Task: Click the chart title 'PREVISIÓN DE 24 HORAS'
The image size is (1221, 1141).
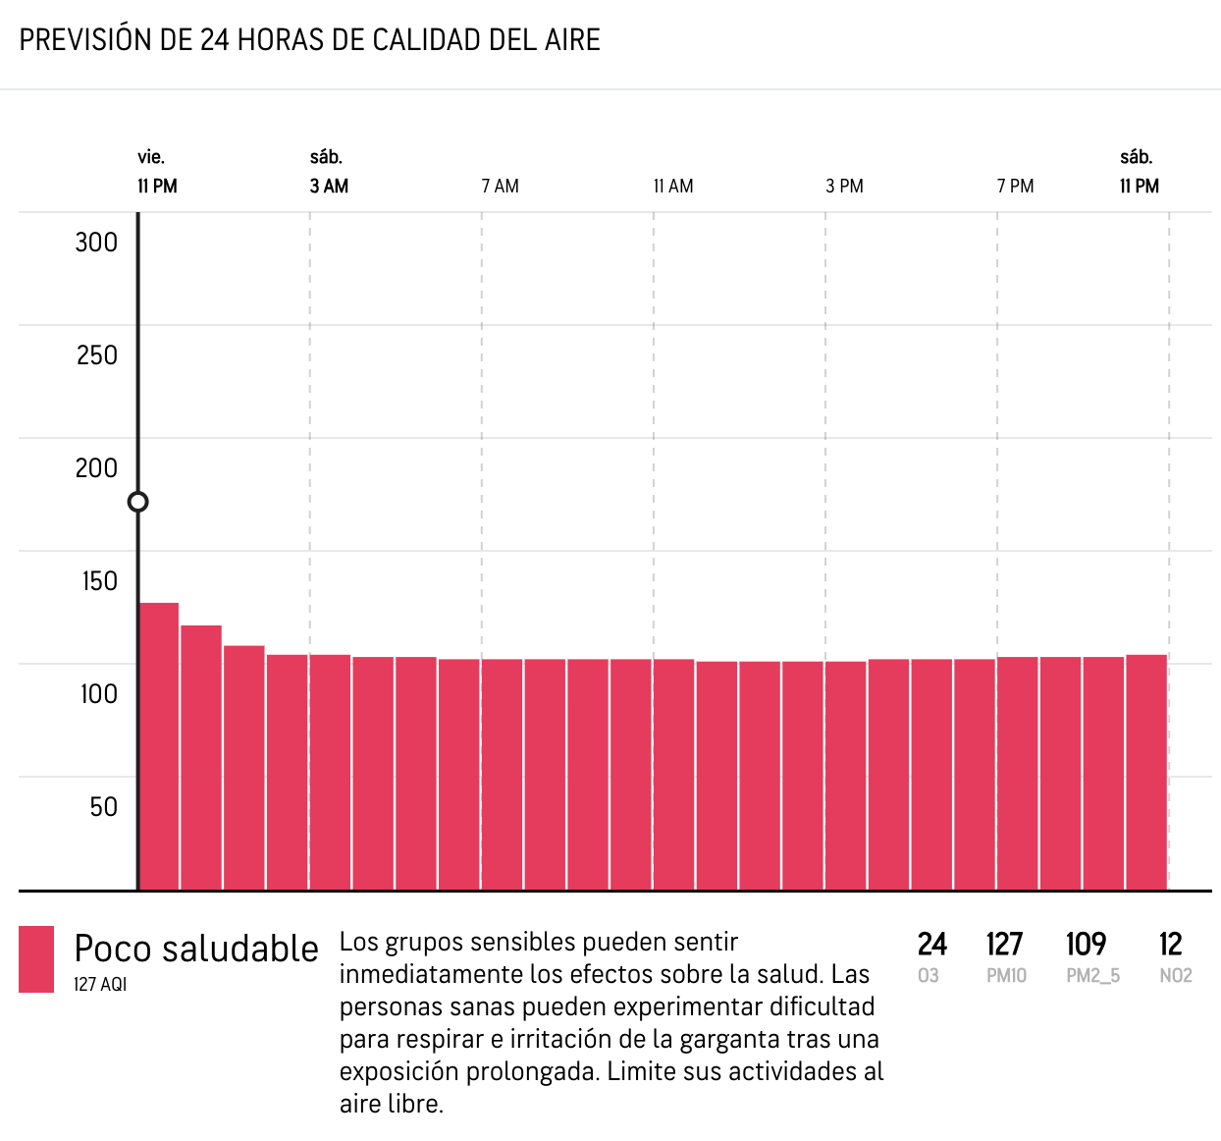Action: tap(309, 40)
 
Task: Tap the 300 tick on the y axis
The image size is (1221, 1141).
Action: tap(96, 243)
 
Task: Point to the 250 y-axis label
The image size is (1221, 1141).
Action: tap(96, 355)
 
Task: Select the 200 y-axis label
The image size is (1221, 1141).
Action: tap(96, 468)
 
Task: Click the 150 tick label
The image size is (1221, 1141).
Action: tap(99, 581)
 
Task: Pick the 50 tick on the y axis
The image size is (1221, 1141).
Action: tap(103, 807)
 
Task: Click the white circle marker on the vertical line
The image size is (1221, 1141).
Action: tap(138, 502)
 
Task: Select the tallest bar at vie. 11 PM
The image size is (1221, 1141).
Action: tap(159, 746)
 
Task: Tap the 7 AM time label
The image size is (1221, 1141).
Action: tap(501, 187)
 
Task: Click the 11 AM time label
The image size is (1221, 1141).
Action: tap(673, 187)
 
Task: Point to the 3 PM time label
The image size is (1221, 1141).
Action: tap(844, 187)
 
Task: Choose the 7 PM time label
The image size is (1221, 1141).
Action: tap(1016, 187)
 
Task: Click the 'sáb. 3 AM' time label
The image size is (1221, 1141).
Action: tap(329, 173)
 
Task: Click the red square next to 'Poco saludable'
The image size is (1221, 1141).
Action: tap(36, 959)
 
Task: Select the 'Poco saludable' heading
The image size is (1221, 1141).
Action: tap(196, 950)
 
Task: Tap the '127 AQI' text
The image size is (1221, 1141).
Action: tap(100, 985)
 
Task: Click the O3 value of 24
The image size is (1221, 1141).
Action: tap(931, 945)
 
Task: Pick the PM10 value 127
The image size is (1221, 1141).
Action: tap(1005, 945)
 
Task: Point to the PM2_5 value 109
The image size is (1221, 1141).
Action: tap(1087, 945)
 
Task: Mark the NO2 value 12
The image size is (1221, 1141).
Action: tap(1170, 945)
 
